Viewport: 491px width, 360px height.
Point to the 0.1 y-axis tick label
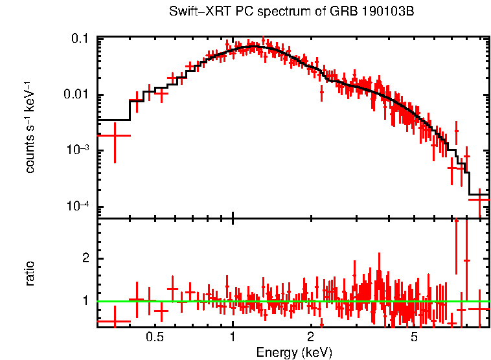coord(80,39)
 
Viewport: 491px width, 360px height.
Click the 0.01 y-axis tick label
coord(76,95)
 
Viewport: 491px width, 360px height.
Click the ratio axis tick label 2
coord(86,258)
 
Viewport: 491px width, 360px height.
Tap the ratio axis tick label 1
coord(86,301)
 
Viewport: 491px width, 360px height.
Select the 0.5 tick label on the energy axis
coord(154,337)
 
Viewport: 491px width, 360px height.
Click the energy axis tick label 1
coord(233,337)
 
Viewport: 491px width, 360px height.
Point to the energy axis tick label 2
coord(311,337)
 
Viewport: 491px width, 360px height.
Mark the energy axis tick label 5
coord(414,337)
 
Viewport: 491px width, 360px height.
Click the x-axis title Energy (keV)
coord(294,352)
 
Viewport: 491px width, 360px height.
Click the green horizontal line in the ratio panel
coord(291,301)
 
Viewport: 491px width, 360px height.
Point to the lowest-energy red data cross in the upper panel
coord(114,135)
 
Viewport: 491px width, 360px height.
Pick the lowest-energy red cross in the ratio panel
coord(114,321)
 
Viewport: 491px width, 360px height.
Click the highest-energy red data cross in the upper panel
coord(479,199)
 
